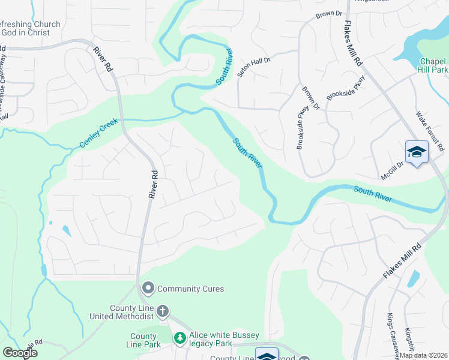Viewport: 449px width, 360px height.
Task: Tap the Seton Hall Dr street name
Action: click(255, 64)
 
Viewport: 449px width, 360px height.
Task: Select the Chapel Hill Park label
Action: click(433, 65)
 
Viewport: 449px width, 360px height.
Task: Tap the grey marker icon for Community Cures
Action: click(148, 289)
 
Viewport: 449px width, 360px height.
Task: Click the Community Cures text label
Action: click(190, 289)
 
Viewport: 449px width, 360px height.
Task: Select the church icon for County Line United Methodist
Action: click(163, 311)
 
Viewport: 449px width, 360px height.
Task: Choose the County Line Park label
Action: click(144, 341)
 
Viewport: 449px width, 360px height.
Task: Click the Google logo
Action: click(20, 353)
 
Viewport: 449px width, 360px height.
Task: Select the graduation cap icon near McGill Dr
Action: click(417, 152)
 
